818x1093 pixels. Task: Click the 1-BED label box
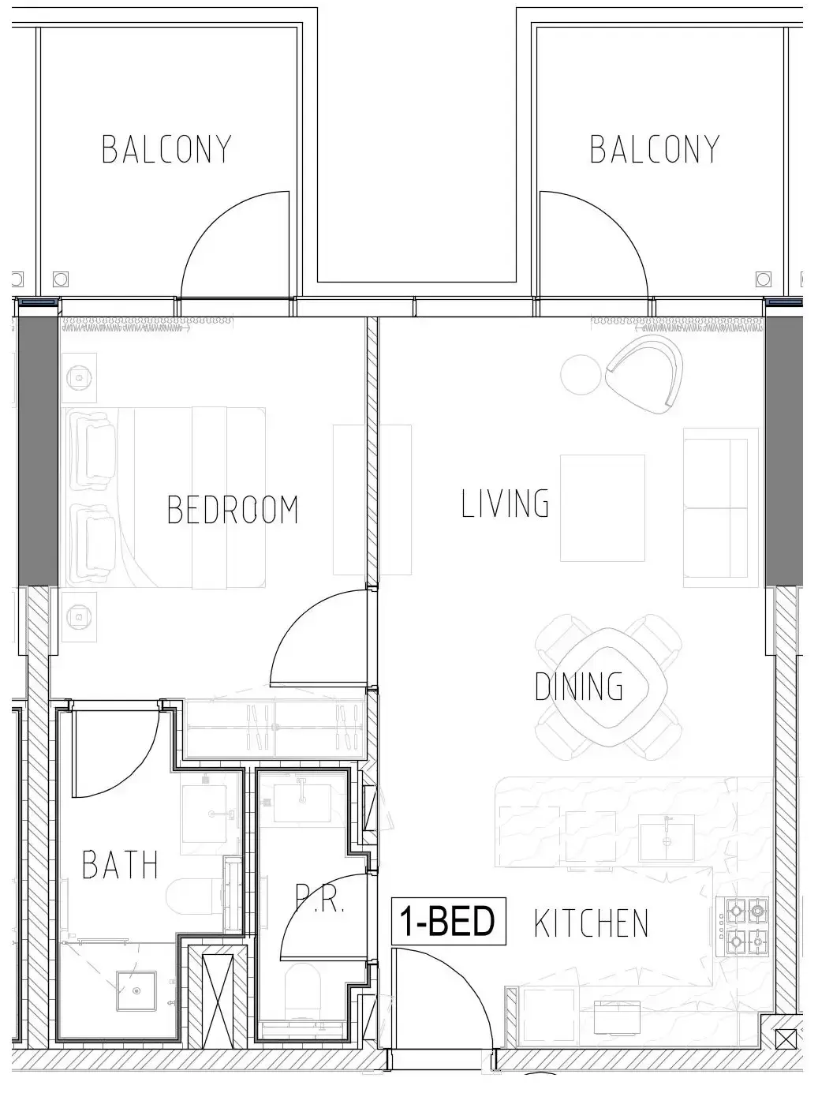[448, 921]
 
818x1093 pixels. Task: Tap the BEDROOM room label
[233, 509]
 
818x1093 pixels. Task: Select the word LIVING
[505, 503]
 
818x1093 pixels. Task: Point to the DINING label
[579, 686]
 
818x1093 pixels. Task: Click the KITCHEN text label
[591, 923]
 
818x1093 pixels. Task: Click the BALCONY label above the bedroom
[166, 149]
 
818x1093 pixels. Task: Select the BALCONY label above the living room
[655, 149]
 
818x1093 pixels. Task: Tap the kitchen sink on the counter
[667, 838]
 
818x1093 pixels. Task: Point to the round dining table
[607, 687]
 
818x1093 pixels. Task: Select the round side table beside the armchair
[581, 374]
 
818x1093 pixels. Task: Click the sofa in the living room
[715, 508]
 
